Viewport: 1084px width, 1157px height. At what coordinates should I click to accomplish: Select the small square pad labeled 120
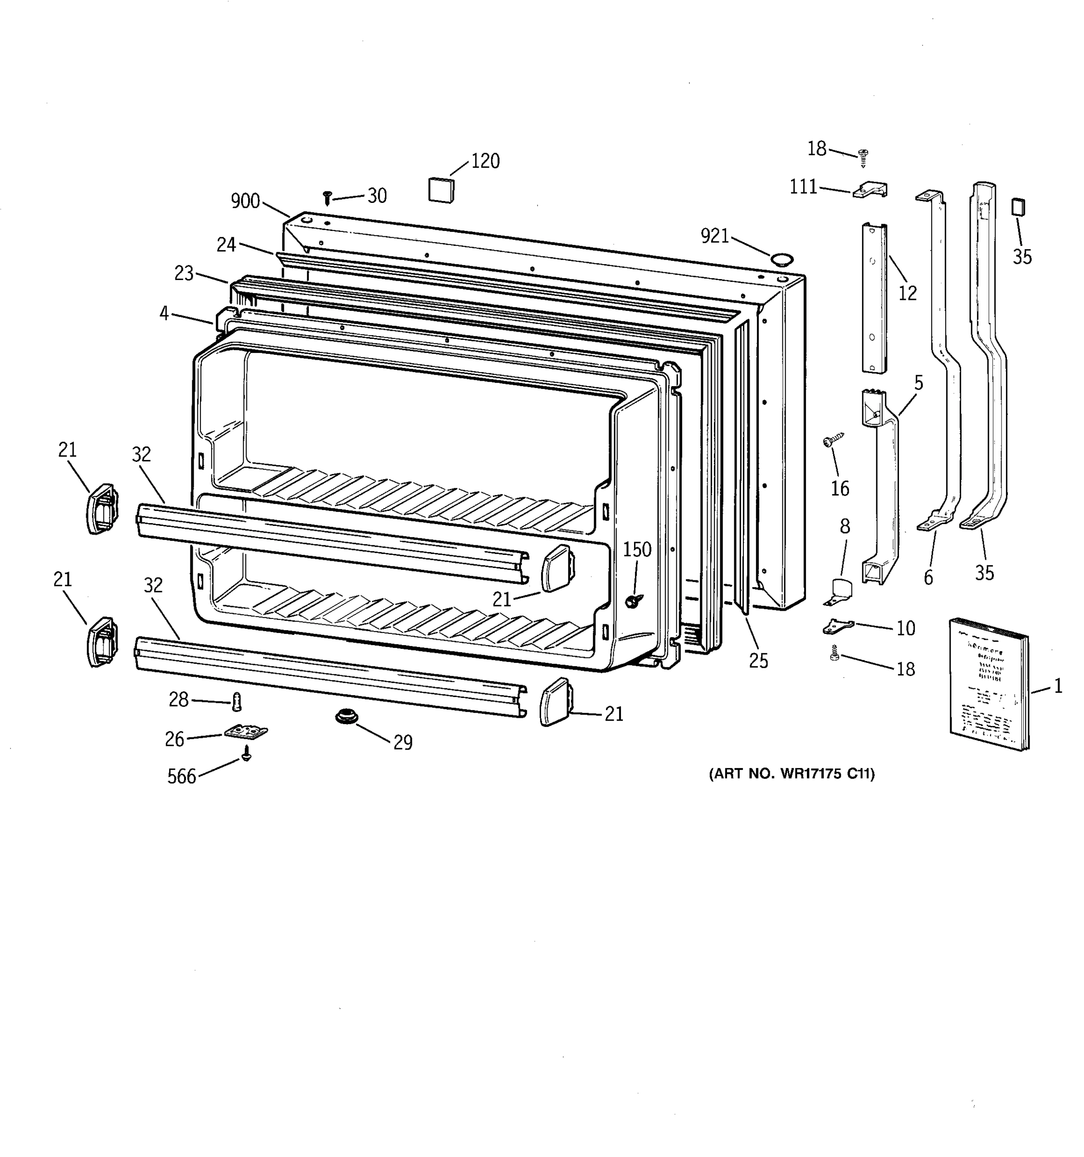441,190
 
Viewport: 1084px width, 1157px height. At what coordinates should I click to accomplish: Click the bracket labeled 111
871,190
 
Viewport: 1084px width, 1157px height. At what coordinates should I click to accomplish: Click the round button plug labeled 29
346,716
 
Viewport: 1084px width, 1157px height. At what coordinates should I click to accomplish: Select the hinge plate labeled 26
247,732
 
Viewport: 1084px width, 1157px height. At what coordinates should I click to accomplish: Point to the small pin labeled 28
236,701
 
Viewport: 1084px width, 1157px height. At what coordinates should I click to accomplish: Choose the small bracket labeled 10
837,627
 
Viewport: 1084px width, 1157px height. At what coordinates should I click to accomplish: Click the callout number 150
637,550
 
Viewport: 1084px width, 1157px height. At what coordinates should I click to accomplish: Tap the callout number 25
758,660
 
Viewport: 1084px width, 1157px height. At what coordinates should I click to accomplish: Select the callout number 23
184,273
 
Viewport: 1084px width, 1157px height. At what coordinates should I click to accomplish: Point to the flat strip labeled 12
873,298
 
